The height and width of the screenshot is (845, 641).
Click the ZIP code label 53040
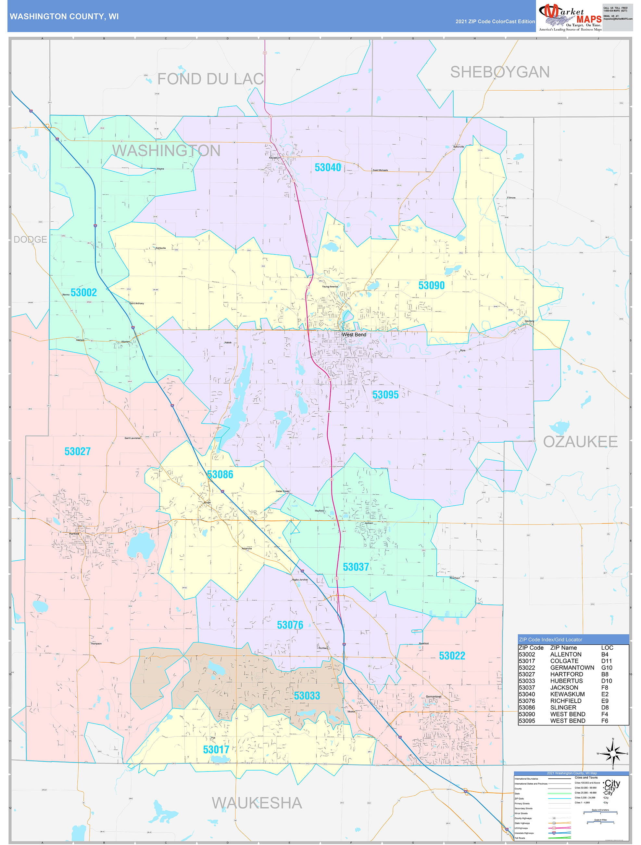point(328,167)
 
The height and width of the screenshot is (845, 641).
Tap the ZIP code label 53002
point(83,292)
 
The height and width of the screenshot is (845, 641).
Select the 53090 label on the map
point(432,285)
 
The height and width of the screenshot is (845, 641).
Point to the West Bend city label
point(354,335)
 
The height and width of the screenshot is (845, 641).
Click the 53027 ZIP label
point(78,451)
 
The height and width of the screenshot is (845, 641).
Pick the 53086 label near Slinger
point(220,474)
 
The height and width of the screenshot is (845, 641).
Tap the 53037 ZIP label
point(356,567)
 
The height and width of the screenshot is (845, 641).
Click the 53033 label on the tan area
point(307,695)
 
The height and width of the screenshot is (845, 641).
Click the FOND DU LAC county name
point(210,79)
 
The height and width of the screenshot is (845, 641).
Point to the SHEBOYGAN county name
point(500,72)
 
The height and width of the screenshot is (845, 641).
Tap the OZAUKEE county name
point(580,442)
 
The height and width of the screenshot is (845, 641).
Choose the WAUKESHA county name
point(257,803)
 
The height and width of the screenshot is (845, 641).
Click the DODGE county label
point(30,240)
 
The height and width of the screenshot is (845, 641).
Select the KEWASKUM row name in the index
point(567,694)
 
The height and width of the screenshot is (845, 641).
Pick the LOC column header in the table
point(607,647)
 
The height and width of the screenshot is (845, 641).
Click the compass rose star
point(613,754)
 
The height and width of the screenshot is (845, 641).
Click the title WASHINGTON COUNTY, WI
point(64,17)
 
